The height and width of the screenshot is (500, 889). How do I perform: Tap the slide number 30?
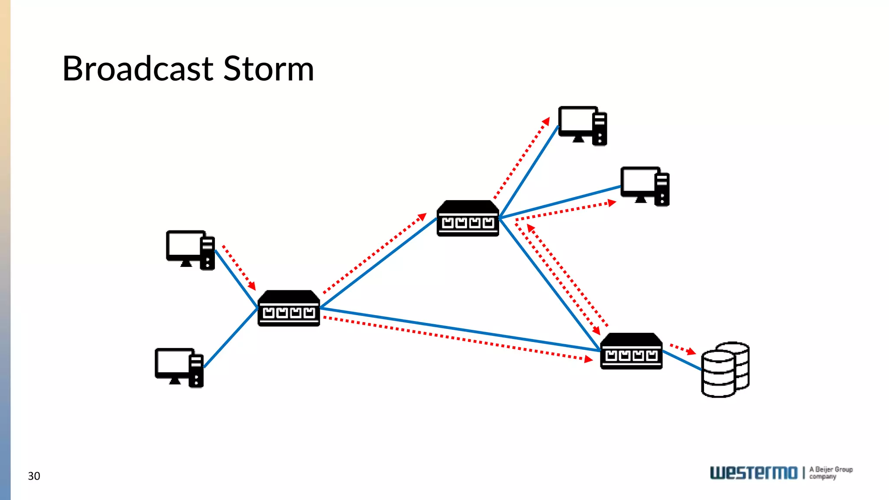[34, 476]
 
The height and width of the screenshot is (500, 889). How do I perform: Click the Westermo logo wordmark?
[754, 473]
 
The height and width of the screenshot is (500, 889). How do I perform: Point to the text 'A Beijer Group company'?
[830, 473]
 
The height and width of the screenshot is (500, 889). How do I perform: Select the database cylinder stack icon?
[725, 370]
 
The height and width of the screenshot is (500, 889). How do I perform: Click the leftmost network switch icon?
[289, 309]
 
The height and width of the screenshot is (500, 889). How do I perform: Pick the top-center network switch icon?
[468, 219]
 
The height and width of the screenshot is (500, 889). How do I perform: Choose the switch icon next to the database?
[631, 352]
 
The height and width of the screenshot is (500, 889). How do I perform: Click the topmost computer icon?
[582, 126]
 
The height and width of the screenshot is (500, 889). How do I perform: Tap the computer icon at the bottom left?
[179, 368]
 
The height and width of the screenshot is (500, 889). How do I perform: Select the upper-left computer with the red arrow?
[190, 250]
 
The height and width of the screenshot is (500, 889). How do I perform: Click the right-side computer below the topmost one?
[645, 186]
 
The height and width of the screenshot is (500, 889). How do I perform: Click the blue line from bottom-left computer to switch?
[230, 338]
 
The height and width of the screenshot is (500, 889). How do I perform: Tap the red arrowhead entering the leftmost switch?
[252, 286]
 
